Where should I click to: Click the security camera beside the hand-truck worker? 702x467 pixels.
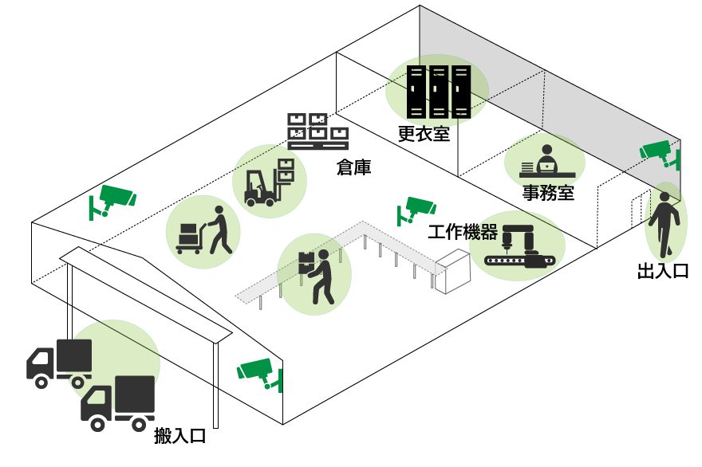pyautogui.click(x=113, y=198)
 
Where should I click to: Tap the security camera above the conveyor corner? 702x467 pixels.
pyautogui.click(x=417, y=207)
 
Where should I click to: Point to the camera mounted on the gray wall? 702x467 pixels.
pyautogui.click(x=660, y=151)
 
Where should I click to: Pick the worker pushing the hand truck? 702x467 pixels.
pyautogui.click(x=218, y=230)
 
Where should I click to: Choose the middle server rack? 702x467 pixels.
pyautogui.click(x=438, y=92)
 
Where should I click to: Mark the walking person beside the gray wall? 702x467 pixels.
pyautogui.click(x=664, y=224)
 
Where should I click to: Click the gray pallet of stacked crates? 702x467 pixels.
pyautogui.click(x=317, y=131)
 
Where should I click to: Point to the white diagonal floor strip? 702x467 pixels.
pyautogui.click(x=145, y=294)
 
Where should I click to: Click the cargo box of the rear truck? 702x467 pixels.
pyautogui.click(x=74, y=355)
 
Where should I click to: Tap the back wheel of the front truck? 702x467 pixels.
pyautogui.click(x=139, y=425)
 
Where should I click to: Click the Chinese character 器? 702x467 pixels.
pyautogui.click(x=489, y=233)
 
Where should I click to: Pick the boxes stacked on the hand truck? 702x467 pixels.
pyautogui.click(x=188, y=235)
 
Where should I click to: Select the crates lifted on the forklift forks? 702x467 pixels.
pyautogui.click(x=286, y=170)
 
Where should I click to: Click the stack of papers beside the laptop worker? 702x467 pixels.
pyautogui.click(x=527, y=167)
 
